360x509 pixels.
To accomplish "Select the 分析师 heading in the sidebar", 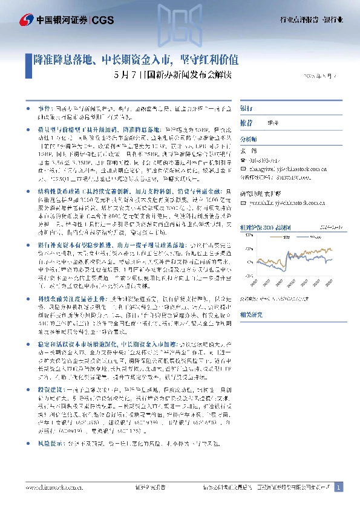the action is point(250,138).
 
